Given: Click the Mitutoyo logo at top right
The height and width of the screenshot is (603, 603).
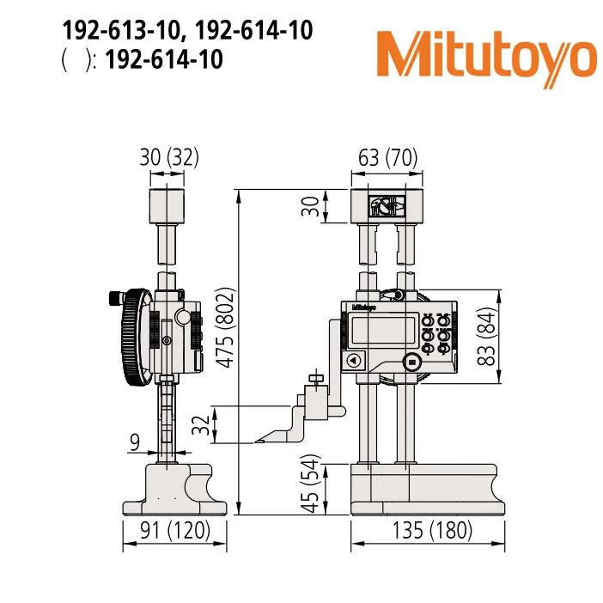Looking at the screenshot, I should (x=486, y=55).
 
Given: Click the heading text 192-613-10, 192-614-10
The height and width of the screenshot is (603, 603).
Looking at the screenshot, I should (x=186, y=31).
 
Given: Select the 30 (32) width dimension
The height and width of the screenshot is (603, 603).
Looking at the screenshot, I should (x=167, y=157).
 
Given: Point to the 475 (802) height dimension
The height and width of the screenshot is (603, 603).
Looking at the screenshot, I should (x=226, y=327).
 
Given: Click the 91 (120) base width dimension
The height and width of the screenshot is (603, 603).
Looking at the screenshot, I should (x=175, y=531).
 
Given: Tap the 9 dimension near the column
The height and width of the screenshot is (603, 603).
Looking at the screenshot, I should (x=134, y=443).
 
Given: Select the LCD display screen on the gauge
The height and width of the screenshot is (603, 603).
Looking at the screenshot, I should (x=373, y=330).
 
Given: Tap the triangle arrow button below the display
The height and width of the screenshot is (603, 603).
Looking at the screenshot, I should (x=353, y=362).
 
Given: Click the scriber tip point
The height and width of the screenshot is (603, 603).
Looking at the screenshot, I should (x=256, y=442).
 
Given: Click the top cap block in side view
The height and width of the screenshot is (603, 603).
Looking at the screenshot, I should (x=167, y=207).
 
